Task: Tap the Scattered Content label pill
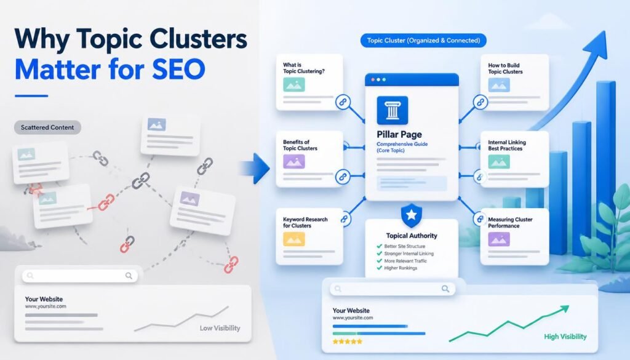coord(47,127)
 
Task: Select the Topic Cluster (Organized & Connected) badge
coord(423,40)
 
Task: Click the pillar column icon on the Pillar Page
coord(392,110)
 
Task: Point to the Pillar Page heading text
coord(399,134)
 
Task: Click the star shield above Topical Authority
coord(412,215)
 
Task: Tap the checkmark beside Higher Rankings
coord(379,268)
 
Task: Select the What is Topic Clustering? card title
coord(304,68)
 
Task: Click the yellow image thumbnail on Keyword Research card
coord(293,239)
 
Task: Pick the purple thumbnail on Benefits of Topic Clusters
coord(293,161)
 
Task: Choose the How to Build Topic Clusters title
coord(506,68)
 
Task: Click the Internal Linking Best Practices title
coord(507,145)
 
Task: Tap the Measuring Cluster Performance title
coord(510,223)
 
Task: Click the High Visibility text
coord(565,336)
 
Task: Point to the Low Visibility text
coord(220,328)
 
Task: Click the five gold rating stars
coord(347,342)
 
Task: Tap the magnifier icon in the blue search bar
coord(445,289)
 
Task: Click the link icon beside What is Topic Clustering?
coord(343,102)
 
